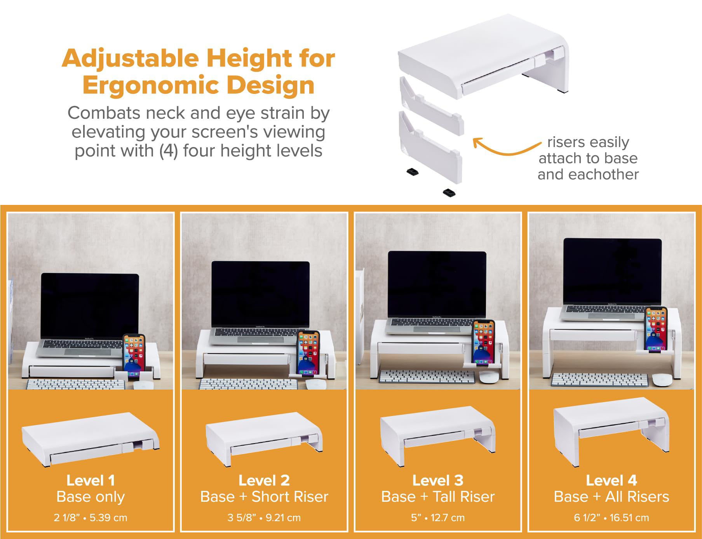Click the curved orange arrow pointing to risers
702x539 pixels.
(x=505, y=148)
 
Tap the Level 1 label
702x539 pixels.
(x=91, y=480)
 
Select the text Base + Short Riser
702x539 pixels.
(x=264, y=497)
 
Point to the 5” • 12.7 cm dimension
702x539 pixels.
(x=437, y=518)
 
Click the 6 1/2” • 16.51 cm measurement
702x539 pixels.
(x=611, y=518)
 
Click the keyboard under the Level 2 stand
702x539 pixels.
(x=249, y=384)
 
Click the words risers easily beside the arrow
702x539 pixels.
(x=588, y=142)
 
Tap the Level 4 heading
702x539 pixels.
(x=611, y=480)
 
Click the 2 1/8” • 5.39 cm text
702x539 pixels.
(x=91, y=518)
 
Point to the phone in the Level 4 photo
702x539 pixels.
(x=656, y=329)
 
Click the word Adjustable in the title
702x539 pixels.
(x=131, y=58)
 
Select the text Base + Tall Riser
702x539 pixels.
(x=437, y=497)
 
